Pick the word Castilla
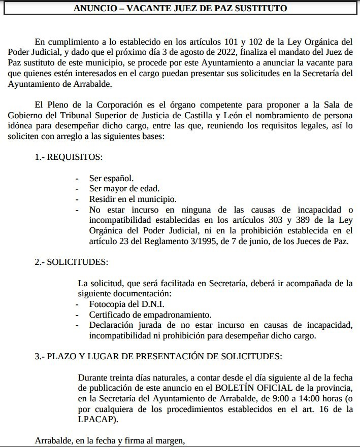coord(231,116)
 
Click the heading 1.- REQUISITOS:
coord(69,157)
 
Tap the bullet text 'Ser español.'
coord(111,178)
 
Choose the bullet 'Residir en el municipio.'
coord(133,199)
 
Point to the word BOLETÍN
coord(235,388)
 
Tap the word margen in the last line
coord(171,440)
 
